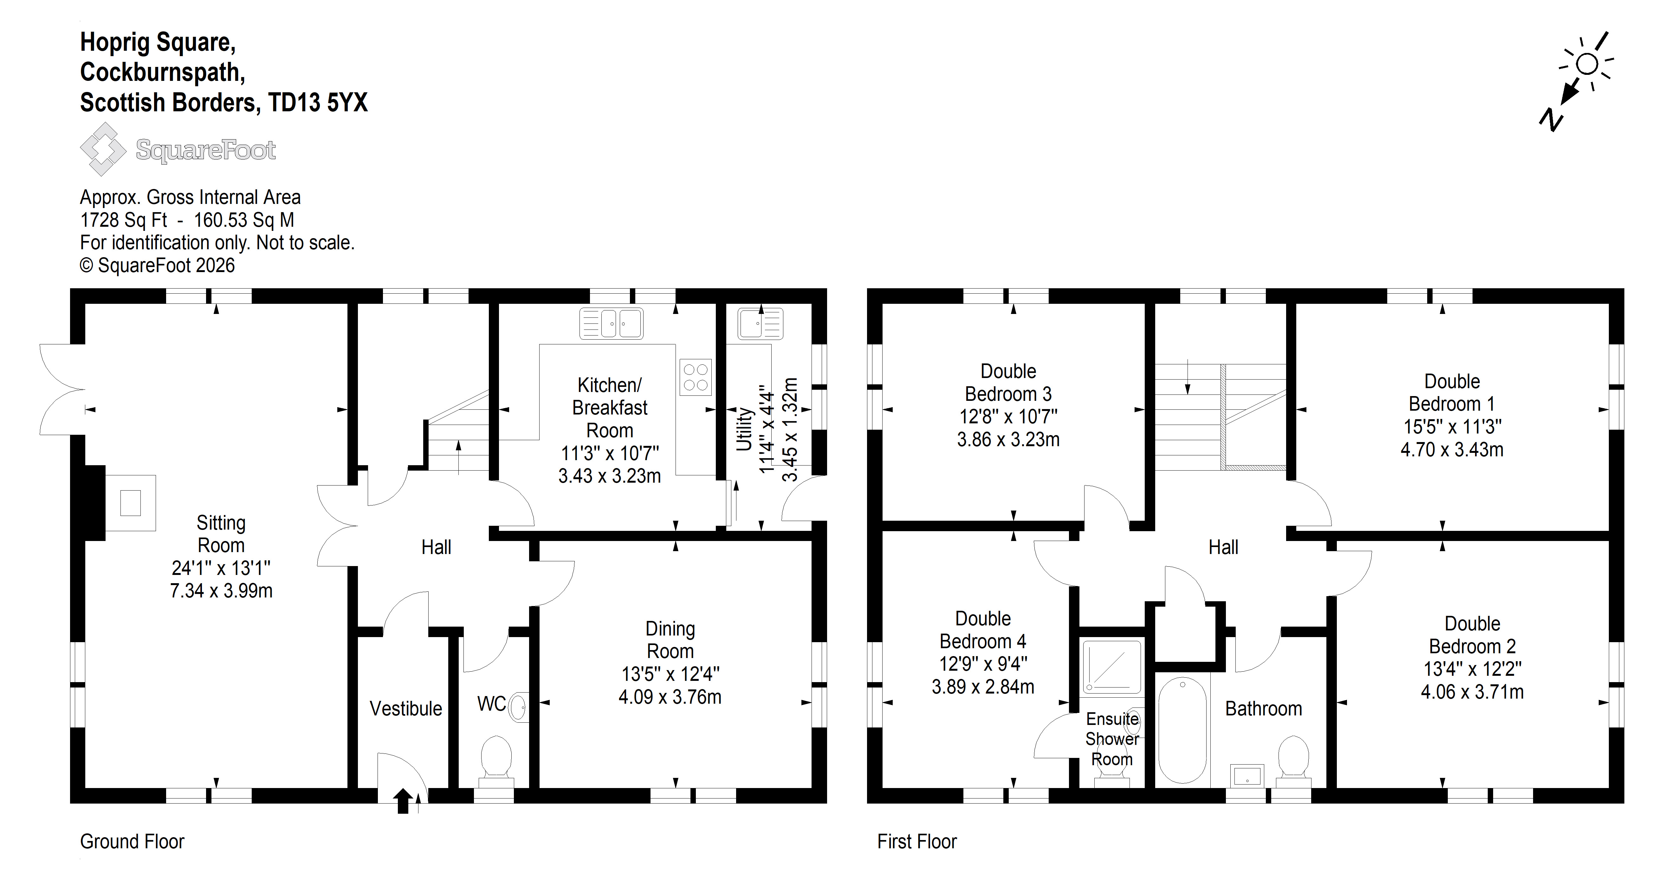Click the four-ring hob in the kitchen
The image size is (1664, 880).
pyautogui.click(x=696, y=377)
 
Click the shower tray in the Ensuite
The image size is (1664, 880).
pyautogui.click(x=1112, y=667)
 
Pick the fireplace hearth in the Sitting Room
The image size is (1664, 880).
pyautogui.click(x=131, y=503)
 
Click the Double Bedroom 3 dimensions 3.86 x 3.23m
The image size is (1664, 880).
pyautogui.click(x=1008, y=439)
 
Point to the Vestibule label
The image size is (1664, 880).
pyautogui.click(x=406, y=709)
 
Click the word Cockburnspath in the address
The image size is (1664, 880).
pyautogui.click(x=162, y=72)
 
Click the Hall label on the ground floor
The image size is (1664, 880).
pyautogui.click(x=436, y=547)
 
